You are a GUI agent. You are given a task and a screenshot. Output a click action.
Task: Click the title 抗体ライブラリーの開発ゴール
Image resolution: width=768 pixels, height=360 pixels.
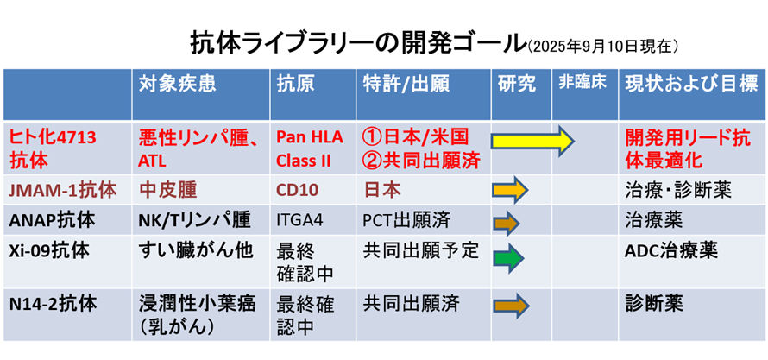coord(357,44)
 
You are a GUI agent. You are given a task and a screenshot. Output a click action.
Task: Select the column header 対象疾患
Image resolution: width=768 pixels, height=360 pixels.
coord(177,85)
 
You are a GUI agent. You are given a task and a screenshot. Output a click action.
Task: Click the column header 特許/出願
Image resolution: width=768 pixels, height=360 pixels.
coord(406,85)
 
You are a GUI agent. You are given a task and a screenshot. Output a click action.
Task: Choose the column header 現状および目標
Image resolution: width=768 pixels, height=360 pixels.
coord(691,85)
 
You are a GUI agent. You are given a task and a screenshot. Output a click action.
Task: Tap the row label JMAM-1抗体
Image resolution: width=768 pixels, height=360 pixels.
coord(63,191)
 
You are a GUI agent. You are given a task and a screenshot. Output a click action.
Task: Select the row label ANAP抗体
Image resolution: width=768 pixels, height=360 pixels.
coord(52,220)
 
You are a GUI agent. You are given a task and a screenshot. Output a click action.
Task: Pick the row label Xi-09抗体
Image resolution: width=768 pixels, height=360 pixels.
coord(49,250)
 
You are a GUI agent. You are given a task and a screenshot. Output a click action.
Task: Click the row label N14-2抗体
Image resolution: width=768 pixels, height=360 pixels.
coord(53,304)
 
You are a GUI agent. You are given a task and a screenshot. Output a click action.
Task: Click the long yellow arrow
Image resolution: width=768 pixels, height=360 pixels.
coord(533,141)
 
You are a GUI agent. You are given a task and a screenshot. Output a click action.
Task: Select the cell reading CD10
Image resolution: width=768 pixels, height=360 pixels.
coord(296,191)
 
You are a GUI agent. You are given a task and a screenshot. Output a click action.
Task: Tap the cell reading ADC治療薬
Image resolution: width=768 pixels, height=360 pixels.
coord(671,250)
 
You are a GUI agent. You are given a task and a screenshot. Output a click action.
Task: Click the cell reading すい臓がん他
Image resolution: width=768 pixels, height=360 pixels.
coord(196,250)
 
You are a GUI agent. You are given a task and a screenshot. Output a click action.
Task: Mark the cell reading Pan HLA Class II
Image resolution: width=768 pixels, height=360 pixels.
coord(311,148)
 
